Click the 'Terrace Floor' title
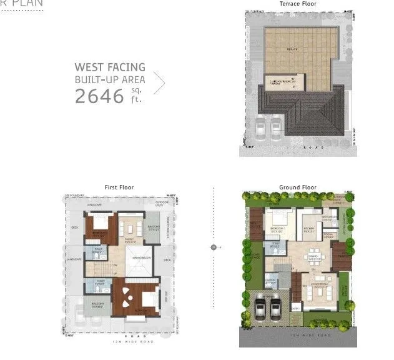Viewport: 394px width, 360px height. (x=298, y=4)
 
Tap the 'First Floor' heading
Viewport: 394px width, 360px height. (x=119, y=187)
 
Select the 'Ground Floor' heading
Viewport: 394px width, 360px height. (x=298, y=187)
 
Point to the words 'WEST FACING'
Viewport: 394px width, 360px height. (x=110, y=67)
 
